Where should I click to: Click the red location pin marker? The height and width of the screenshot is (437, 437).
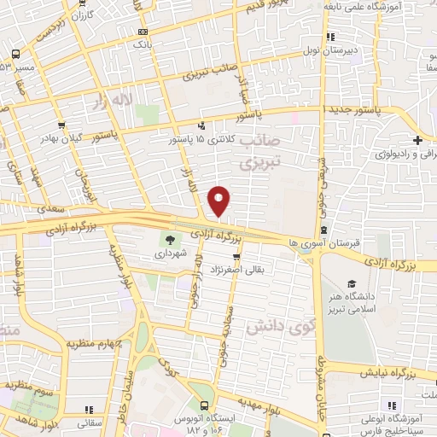click(x=220, y=201)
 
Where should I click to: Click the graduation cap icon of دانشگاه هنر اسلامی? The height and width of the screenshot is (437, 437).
click(x=351, y=284)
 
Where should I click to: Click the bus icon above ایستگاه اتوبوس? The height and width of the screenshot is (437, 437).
click(x=203, y=407)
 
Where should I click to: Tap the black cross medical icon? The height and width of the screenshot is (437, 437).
click(x=417, y=141)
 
